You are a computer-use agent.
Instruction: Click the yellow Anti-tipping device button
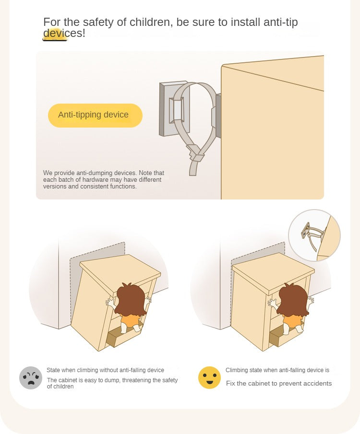click(x=95, y=116)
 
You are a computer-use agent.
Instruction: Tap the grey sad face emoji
click(x=31, y=378)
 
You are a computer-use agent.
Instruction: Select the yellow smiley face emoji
click(x=209, y=377)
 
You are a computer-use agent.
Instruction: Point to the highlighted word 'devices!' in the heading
click(x=64, y=33)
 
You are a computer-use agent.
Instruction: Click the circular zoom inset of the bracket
click(x=314, y=235)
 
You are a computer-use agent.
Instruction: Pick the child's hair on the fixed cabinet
click(x=293, y=299)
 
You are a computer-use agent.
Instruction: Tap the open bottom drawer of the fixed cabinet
click(x=280, y=336)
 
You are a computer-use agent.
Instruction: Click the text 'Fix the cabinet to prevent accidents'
click(x=279, y=383)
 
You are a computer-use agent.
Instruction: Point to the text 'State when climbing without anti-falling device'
click(x=105, y=370)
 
